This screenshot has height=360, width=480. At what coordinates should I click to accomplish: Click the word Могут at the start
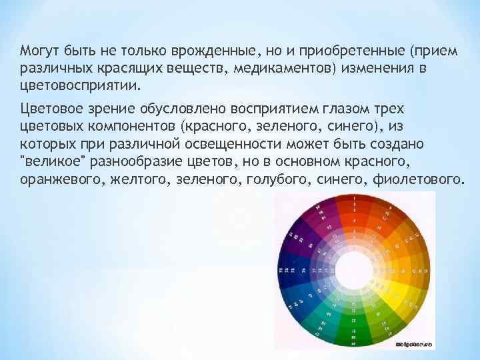(38, 51)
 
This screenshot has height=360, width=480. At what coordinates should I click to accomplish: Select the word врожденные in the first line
(211, 51)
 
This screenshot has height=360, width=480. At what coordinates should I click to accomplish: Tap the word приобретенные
(347, 51)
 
